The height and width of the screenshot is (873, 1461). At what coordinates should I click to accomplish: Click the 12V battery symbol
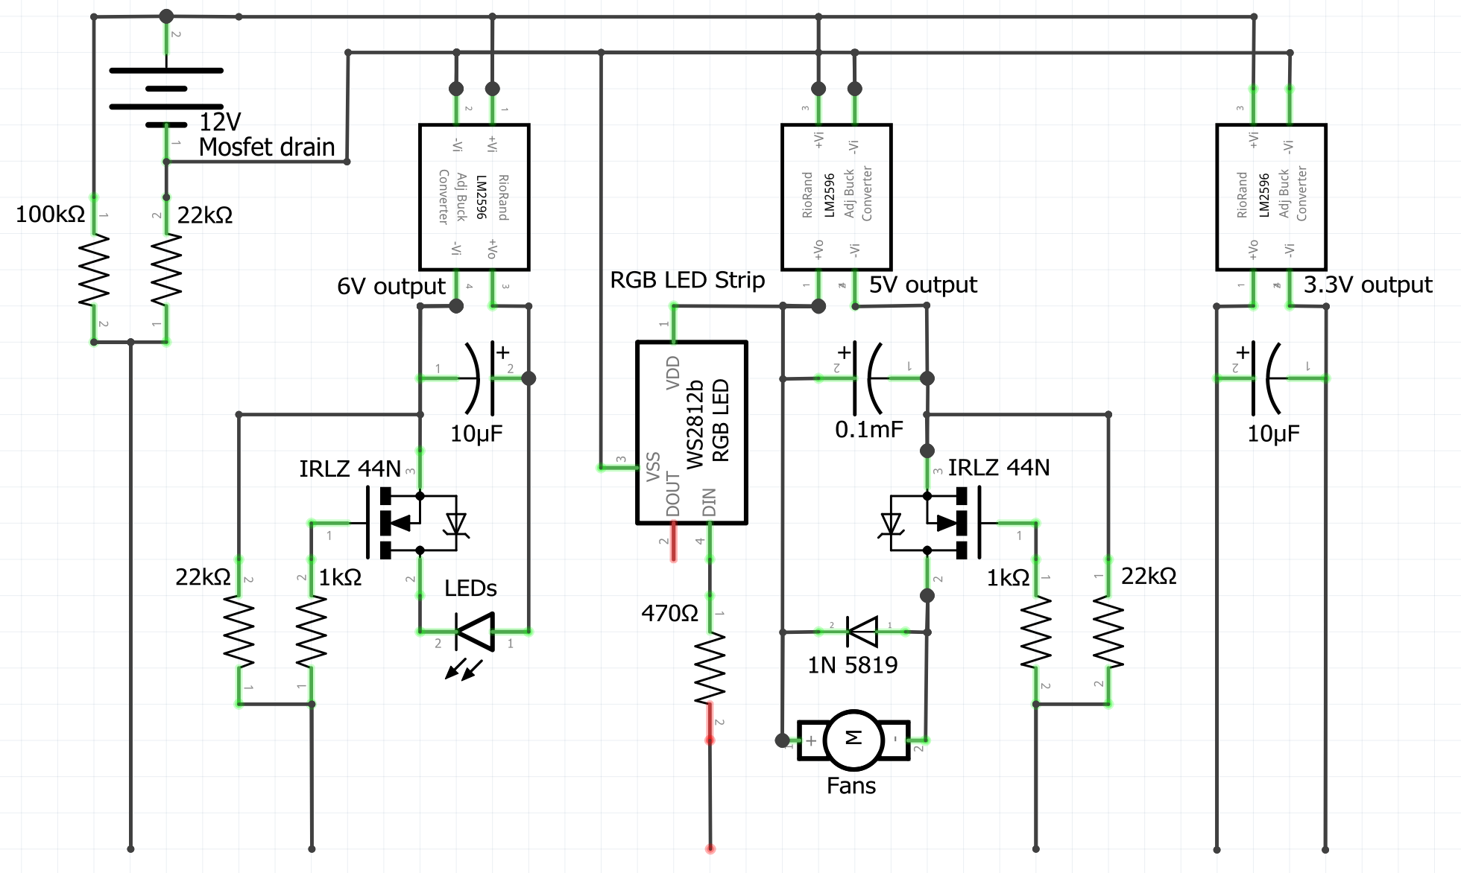coord(165,98)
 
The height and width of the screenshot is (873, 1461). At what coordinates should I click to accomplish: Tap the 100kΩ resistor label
coord(50,215)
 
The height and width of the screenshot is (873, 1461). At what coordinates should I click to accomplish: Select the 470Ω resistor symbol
coord(710,667)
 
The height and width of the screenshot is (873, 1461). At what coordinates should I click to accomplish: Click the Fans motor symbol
coord(853,740)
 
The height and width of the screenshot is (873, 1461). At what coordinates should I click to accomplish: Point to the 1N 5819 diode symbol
coord(862,632)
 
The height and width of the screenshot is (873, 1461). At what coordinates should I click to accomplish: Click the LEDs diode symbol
coord(475,632)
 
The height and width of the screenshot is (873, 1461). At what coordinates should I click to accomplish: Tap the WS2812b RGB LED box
coord(691,433)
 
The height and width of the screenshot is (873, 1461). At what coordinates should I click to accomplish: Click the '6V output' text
coord(391,286)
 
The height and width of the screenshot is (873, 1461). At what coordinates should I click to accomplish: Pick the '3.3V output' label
coord(1367,285)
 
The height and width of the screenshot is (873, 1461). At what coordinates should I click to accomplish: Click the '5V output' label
coord(922,285)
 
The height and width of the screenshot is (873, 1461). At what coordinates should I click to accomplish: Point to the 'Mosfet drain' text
coord(266,147)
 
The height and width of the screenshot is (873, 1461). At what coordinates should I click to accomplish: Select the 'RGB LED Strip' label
coord(687,280)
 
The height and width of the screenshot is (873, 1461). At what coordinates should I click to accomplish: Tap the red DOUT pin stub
coord(674,542)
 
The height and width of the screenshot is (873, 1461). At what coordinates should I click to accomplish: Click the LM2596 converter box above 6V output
coord(474,197)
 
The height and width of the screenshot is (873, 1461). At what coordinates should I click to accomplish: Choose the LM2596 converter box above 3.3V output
coord(1271,197)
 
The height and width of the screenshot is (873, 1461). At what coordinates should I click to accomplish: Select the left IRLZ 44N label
coord(350,469)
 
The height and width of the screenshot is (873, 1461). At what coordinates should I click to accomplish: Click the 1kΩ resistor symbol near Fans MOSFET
coord(1036,632)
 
